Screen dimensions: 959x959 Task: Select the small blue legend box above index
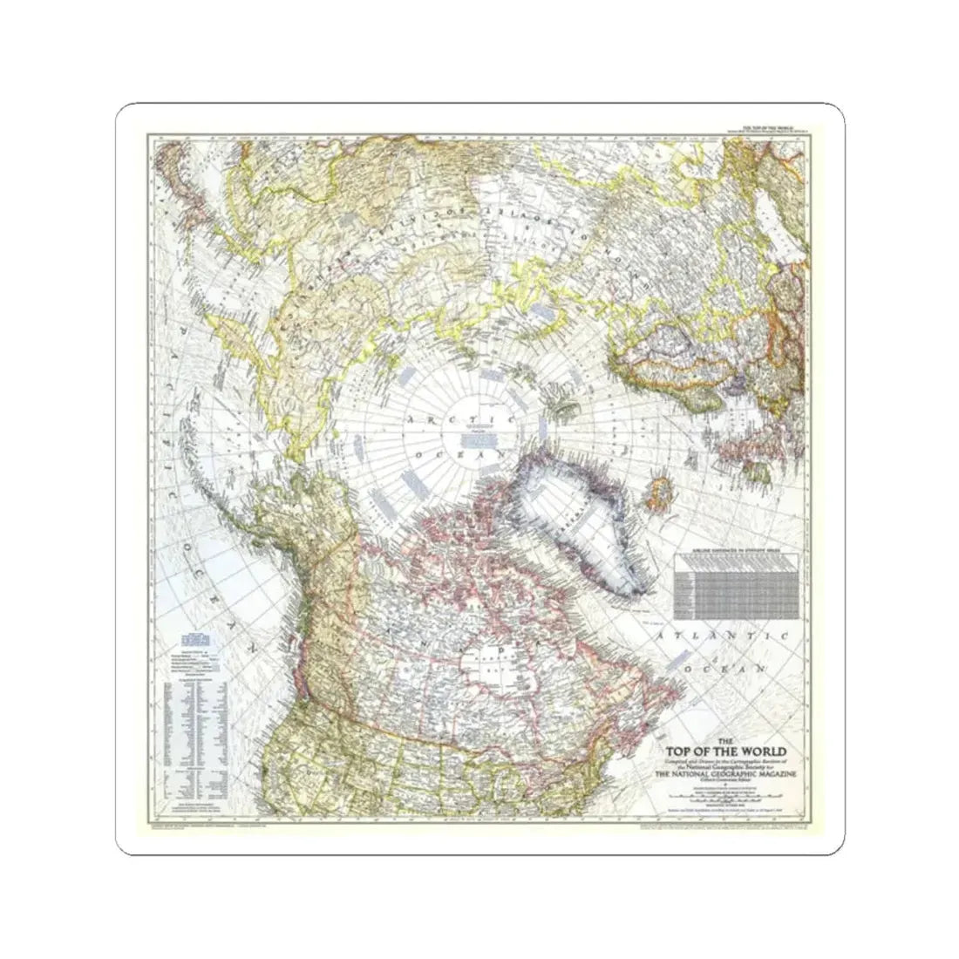[195, 635]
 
